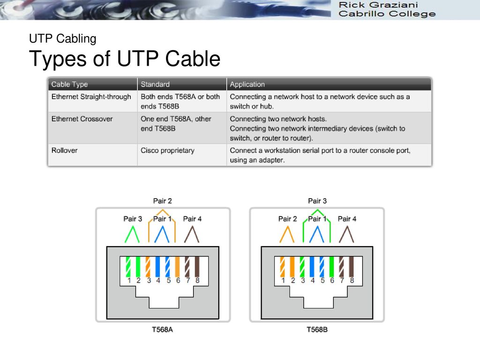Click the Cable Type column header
pos(69,84)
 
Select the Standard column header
pos(155,84)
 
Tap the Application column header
pos(247,84)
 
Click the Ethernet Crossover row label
pos(82,119)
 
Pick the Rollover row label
pos(64,150)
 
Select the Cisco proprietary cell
pos(167,150)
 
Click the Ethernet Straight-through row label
pos(91,97)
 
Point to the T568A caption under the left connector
pos(162,330)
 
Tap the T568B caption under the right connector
pos(317,330)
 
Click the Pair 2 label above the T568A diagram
pos(162,201)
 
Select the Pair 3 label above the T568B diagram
pos(317,201)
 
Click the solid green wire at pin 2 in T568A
pos(138,267)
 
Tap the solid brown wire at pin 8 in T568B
pos(352,267)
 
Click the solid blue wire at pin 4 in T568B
pos(312,267)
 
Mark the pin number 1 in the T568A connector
pos(129,280)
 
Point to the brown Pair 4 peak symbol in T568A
pos(192,234)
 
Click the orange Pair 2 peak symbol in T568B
pos(287,234)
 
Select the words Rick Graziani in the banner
pos(378,5)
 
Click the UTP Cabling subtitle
pos(63,39)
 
